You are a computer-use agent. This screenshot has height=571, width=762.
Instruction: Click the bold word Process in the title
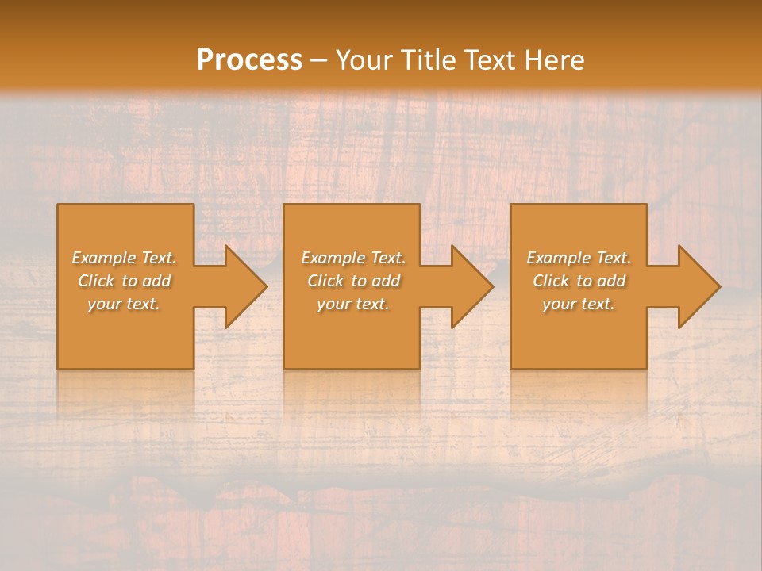[x=249, y=60]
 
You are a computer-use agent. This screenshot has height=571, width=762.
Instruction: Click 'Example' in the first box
[x=103, y=258]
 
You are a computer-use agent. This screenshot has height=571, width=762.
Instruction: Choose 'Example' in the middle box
[x=333, y=258]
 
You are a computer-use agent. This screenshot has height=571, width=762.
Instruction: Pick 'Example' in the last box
[x=558, y=258]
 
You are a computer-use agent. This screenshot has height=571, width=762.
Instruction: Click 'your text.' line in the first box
[x=124, y=304]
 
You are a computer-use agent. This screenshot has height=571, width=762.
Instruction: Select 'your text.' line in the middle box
[x=353, y=304]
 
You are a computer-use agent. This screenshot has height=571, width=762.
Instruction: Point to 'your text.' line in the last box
[x=579, y=304]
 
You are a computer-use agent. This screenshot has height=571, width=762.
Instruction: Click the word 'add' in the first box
[x=157, y=281]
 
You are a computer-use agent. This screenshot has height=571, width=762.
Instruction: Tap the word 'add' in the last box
[x=612, y=281]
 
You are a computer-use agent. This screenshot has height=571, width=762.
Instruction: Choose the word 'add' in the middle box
[x=387, y=281]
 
